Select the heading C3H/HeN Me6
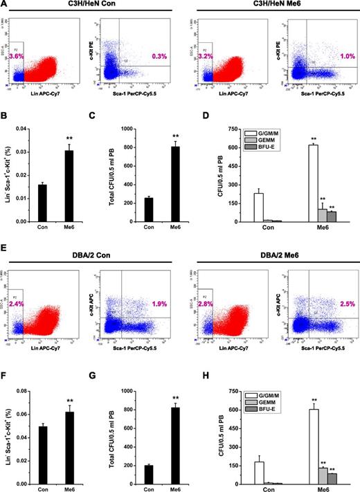pos(271,6)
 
